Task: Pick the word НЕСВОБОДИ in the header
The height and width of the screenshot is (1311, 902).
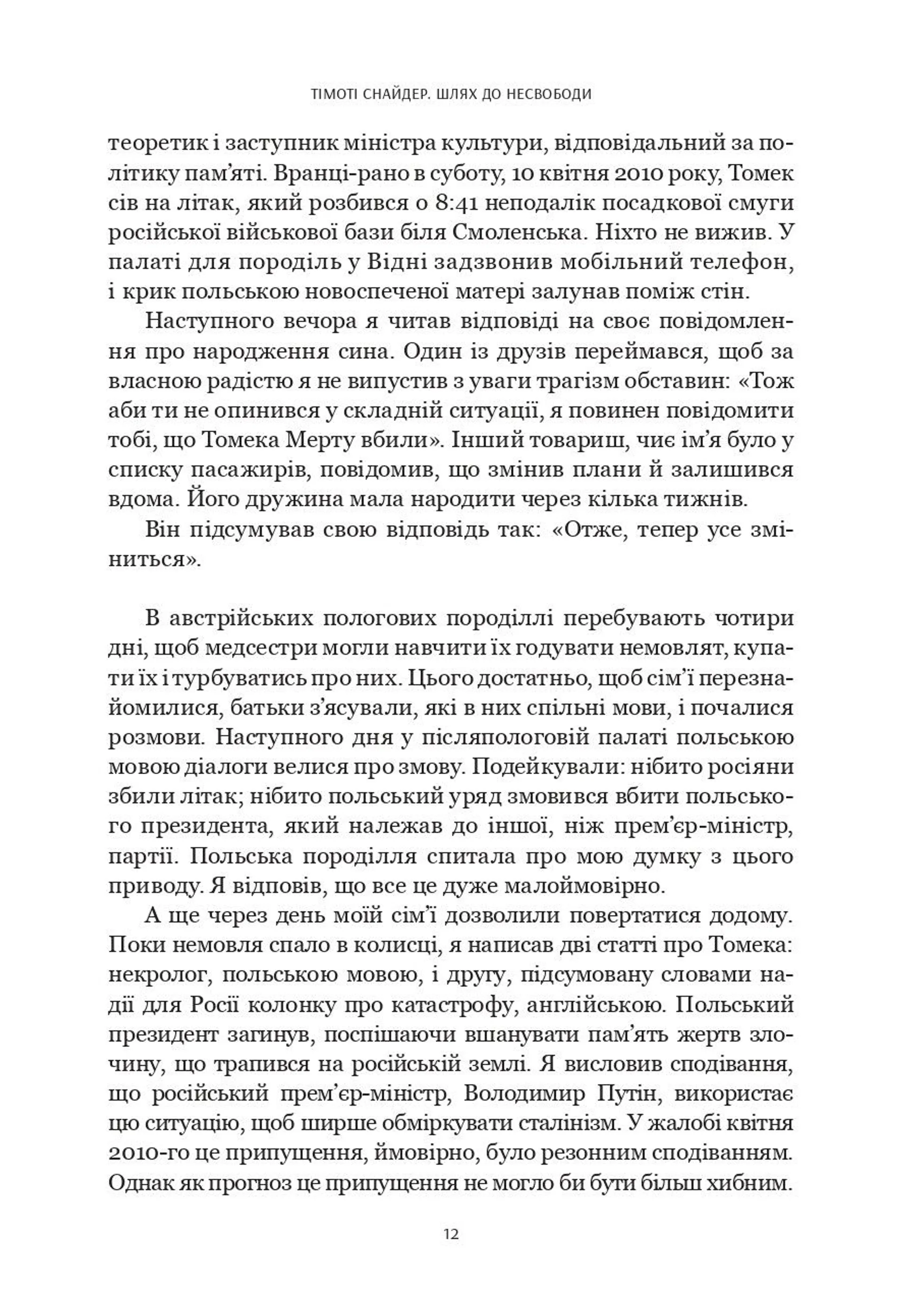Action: tap(547, 94)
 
